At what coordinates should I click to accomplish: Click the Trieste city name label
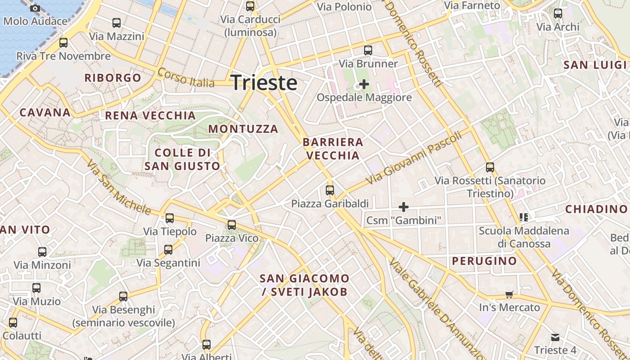(264, 83)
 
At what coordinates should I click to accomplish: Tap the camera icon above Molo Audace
(35, 8)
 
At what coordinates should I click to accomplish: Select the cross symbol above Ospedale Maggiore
(364, 84)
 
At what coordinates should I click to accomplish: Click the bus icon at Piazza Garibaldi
(330, 190)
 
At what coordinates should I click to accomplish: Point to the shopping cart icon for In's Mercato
(509, 295)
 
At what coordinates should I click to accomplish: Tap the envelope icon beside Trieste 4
(555, 337)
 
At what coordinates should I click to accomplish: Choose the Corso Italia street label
(186, 78)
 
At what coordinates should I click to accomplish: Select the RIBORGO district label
(113, 78)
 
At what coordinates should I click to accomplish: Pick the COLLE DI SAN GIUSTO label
(182, 159)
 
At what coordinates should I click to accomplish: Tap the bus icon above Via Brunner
(368, 50)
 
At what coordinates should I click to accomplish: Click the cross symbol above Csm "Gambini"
(404, 207)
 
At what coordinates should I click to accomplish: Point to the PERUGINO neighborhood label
(484, 261)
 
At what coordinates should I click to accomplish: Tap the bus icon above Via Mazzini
(117, 23)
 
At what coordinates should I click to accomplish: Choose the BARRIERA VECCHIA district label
(333, 149)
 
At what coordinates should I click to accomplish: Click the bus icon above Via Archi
(558, 13)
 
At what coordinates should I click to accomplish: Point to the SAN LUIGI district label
(595, 65)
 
